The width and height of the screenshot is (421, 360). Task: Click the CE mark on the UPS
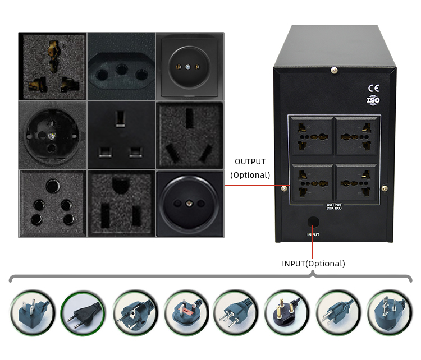coord(373,87)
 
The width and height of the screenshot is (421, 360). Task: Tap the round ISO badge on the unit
coord(373,101)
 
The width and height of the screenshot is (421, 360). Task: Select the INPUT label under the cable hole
coord(313,234)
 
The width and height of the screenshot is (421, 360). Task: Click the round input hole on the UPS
coord(313,221)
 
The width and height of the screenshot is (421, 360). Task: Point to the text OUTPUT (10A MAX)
coord(335,206)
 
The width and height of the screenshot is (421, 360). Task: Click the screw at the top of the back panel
coord(334,70)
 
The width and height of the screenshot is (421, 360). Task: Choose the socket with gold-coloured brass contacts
coord(52,67)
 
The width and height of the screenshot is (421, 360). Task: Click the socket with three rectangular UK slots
coord(121,134)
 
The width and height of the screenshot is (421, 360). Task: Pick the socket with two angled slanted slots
coord(190,135)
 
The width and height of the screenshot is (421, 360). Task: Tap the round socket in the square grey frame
coord(190,67)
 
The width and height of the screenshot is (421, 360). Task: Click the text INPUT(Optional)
coord(313,263)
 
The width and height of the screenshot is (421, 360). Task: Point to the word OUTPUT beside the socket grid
coord(250,162)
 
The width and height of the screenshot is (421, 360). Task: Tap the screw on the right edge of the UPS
coord(384,188)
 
